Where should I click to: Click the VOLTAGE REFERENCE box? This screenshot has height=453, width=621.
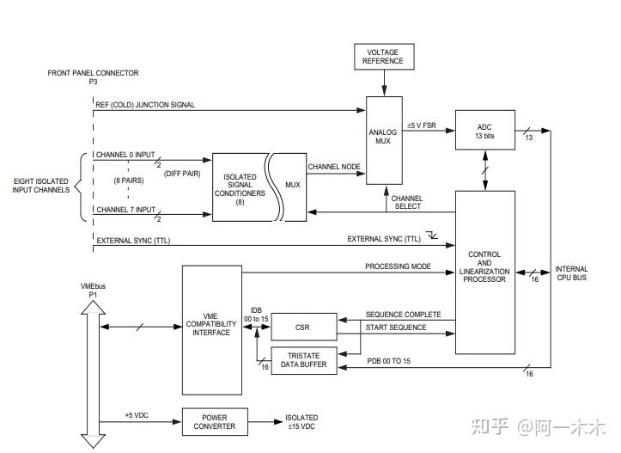pyautogui.click(x=383, y=58)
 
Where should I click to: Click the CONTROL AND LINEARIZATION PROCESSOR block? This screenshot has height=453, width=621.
pyautogui.click(x=484, y=271)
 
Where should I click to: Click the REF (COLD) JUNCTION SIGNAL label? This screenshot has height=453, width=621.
pyautogui.click(x=146, y=105)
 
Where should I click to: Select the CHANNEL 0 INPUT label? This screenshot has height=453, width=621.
pyautogui.click(x=125, y=156)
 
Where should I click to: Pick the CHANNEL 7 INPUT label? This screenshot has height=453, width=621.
pyautogui.click(x=125, y=209)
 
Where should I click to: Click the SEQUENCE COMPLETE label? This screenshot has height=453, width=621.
pyautogui.click(x=403, y=315)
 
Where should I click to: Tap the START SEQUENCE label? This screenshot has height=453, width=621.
pyautogui.click(x=396, y=328)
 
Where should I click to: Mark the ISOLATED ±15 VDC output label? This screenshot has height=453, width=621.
pyautogui.click(x=301, y=421)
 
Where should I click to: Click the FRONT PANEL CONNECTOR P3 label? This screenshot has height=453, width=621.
pyautogui.click(x=93, y=78)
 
